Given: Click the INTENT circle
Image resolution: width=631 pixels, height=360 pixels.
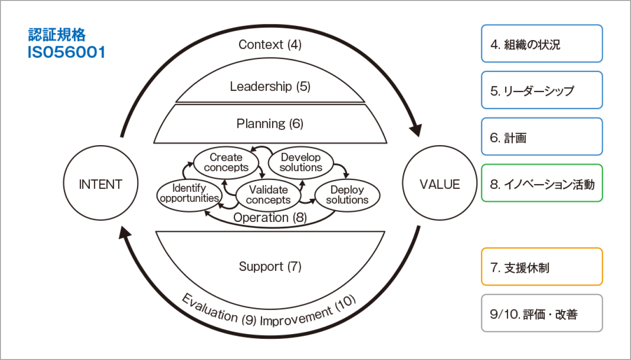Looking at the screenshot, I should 100,184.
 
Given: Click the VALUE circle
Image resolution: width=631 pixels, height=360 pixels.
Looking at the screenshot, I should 439,184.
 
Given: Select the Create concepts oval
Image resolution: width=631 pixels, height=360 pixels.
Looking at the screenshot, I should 226,162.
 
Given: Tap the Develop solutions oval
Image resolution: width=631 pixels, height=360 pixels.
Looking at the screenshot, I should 300,162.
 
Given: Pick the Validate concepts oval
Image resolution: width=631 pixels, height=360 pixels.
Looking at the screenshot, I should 268,195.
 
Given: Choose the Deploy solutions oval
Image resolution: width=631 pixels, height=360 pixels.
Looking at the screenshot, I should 347,195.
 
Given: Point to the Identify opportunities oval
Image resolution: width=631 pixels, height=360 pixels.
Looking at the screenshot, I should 189,193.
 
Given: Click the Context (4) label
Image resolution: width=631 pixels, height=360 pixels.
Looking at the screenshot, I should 270,45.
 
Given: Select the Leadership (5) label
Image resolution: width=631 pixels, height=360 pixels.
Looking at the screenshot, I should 270,87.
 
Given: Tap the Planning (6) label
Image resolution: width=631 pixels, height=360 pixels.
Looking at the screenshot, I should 270,124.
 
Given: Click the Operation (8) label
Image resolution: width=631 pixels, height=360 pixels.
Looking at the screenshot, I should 270,218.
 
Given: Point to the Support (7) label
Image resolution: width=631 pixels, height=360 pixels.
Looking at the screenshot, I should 270,267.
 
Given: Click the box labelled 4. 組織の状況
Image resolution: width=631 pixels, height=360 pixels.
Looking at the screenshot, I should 542,43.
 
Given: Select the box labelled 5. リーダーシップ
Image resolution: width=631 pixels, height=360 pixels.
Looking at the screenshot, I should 542,90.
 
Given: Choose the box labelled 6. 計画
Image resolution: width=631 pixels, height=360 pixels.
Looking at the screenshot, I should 542,137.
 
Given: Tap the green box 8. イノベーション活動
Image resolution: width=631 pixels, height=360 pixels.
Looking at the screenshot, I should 542,183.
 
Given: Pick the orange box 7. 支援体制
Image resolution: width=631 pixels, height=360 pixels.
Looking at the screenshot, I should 542,267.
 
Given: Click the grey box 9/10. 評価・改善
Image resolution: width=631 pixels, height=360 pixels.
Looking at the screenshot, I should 542,313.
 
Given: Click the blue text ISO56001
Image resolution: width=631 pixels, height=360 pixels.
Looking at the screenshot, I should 66,52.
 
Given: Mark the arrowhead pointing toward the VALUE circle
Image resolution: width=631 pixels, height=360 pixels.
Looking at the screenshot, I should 415,129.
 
